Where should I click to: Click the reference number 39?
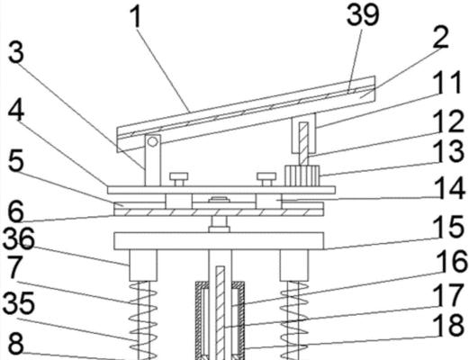[363, 14]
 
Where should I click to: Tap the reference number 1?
[136, 17]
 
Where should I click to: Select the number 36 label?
[19, 238]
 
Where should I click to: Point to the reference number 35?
[19, 303]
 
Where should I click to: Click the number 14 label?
[450, 188]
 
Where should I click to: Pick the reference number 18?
[450, 325]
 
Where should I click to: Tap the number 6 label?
[15, 211]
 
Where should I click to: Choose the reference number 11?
[447, 82]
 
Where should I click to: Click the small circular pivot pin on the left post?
[153, 141]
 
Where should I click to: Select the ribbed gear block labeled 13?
[302, 175]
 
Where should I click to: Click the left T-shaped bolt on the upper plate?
[179, 179]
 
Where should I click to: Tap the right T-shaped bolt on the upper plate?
[266, 179]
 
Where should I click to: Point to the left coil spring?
[143, 320]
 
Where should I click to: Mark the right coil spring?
[294, 320]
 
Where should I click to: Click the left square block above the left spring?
[143, 265]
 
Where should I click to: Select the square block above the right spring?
[294, 265]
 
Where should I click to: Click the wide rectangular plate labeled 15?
[219, 241]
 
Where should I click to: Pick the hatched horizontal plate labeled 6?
[219, 212]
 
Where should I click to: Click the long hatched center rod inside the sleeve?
[221, 313]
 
